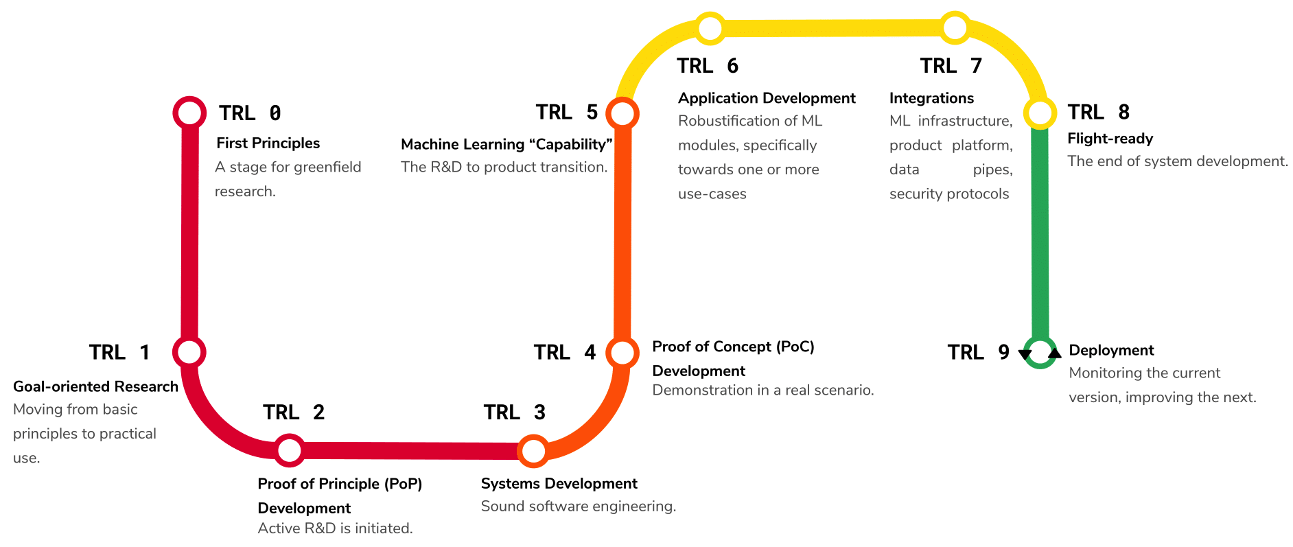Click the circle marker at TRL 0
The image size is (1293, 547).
pos(189,113)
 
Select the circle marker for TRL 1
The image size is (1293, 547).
pos(189,352)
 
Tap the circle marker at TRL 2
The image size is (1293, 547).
pos(290,450)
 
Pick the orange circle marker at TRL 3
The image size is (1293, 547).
pos(533,451)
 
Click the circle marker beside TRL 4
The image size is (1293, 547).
pos(622,352)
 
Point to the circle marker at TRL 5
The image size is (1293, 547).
pos(622,113)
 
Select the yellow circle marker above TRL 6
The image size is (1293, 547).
pos(710,28)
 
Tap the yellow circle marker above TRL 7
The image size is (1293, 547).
pos(955,28)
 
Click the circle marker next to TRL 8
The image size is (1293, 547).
pos(1040,113)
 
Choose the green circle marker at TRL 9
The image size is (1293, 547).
pos(1040,352)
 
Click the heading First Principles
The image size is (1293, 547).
pos(268,143)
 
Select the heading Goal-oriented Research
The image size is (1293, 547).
pos(95,386)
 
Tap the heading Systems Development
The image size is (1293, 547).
pos(559,483)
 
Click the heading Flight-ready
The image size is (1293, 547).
pos(1110,139)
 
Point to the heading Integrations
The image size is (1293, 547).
pos(931,98)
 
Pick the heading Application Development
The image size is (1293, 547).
pos(767,98)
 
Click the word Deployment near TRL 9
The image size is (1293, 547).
pos(1111,350)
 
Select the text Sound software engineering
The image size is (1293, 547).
pos(578,507)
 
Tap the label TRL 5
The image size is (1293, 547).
pos(566,112)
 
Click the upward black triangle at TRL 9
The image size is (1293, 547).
pos(1055,353)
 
